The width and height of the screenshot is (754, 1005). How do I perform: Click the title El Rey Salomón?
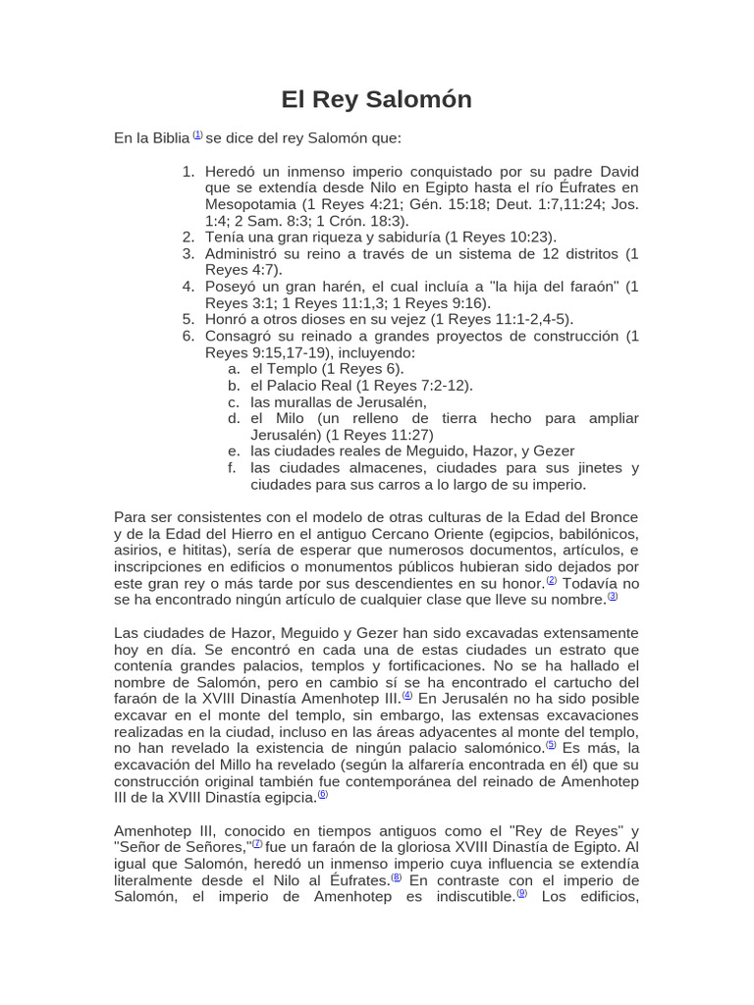[x=376, y=99]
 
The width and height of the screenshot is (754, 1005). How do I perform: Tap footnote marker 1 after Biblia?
[x=197, y=135]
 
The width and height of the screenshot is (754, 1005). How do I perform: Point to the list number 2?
[x=188, y=237]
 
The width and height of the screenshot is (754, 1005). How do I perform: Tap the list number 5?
[x=188, y=319]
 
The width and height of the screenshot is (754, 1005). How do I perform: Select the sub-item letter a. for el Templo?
[x=234, y=368]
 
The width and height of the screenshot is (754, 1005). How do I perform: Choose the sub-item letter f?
[x=234, y=468]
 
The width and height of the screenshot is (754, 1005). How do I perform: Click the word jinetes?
[x=599, y=468]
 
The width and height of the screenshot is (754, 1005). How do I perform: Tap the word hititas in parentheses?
[x=196, y=551]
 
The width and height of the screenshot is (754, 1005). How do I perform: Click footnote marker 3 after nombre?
[x=613, y=596]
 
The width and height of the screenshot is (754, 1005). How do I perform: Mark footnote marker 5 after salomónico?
[x=551, y=745]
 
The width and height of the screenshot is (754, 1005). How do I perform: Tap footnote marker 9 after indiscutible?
[x=521, y=893]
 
